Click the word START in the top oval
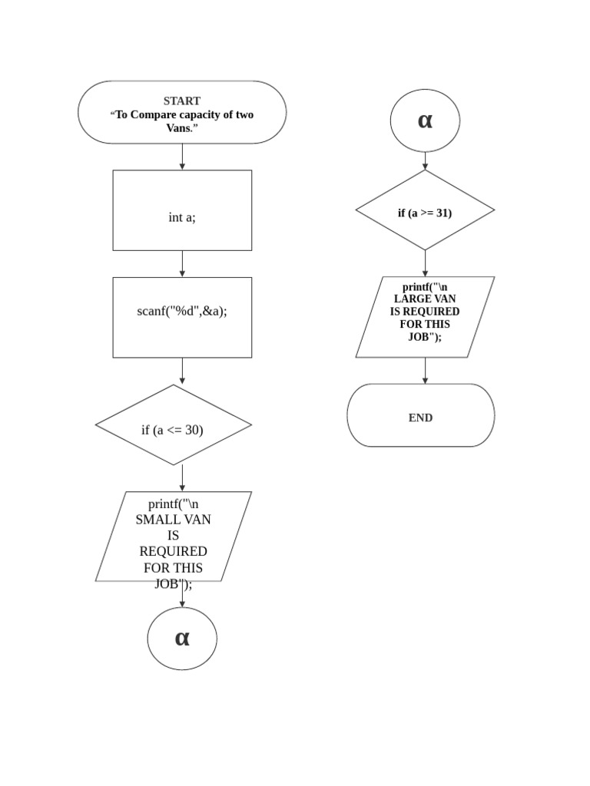coord(182,101)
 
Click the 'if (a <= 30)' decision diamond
coord(173,425)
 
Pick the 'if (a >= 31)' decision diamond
coord(425,210)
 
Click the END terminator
coord(421,415)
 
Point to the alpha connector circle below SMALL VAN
coord(182,639)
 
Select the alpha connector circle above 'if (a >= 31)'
coord(425,121)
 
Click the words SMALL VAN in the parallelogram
coord(174,520)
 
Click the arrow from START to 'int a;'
coord(182,157)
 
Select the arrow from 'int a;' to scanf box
coord(182,263)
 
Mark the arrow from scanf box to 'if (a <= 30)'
coord(182,371)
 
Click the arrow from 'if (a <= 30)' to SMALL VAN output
coord(182,478)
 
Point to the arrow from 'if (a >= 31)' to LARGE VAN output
coord(425,263)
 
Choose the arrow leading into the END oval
coord(425,371)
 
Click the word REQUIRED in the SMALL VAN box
coord(174,552)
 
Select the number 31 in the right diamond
coord(443,213)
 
